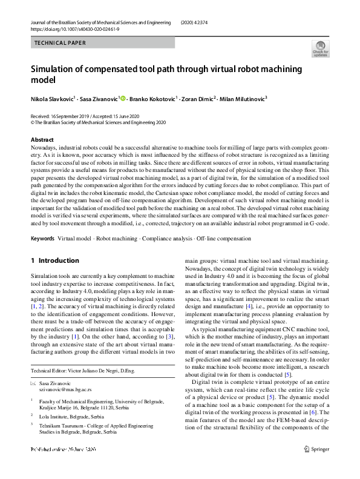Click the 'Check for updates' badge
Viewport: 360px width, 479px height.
pos(320,48)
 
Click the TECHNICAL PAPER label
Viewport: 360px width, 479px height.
pos(60,43)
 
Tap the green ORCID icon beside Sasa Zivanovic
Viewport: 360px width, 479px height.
pos(122,97)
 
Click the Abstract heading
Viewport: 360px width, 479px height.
pos(42,140)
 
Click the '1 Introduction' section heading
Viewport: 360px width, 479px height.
pos(55,261)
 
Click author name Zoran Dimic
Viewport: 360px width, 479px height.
pos(197,97)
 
